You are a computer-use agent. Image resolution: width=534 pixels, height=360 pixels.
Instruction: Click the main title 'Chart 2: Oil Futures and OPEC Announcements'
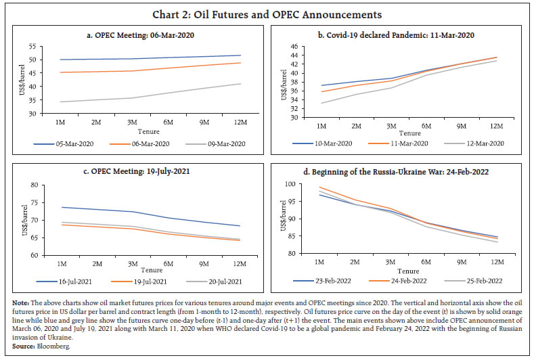[x=267, y=14]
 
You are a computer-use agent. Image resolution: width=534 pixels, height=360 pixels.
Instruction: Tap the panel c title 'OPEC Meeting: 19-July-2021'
[x=140, y=171]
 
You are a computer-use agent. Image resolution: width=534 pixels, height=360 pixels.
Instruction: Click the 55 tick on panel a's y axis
[x=32, y=46]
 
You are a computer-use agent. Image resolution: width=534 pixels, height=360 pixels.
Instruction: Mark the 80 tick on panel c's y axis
[x=32, y=185]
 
